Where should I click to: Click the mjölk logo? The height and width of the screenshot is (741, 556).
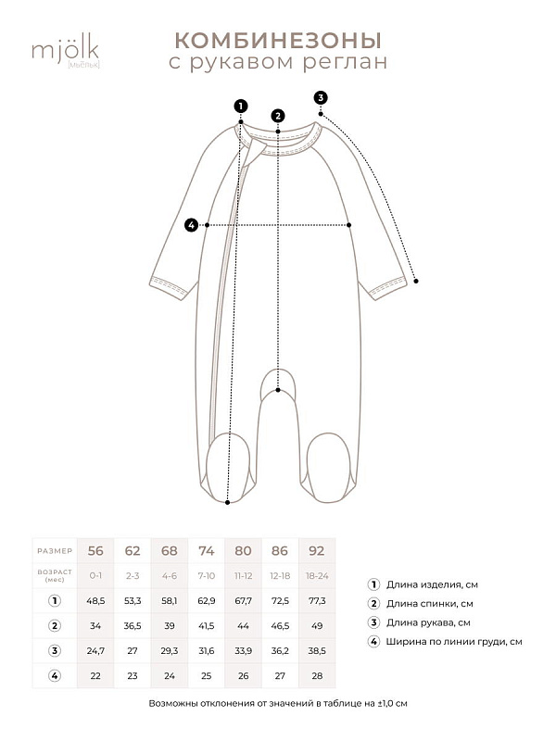(65, 50)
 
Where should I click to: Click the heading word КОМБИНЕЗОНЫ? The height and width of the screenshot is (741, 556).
(278, 40)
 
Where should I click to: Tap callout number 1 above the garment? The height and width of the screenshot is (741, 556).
(241, 106)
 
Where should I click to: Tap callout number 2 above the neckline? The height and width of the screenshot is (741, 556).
(278, 116)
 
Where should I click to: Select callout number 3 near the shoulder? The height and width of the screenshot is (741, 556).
(321, 97)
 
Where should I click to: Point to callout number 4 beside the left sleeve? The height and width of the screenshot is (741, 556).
(191, 224)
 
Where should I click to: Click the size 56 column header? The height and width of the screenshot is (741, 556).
(95, 550)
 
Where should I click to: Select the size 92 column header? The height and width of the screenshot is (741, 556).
(317, 550)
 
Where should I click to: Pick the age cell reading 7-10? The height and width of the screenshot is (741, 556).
(206, 575)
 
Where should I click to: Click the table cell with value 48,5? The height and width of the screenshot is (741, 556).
(95, 600)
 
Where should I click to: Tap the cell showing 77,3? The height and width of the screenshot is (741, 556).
(317, 600)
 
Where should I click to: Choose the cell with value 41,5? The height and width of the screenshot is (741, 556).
(206, 626)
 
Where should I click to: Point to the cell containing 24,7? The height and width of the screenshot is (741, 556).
(95, 651)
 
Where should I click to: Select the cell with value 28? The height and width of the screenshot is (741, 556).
(317, 676)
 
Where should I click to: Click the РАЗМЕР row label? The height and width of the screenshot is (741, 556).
(55, 550)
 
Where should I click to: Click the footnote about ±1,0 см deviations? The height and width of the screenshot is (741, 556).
(278, 704)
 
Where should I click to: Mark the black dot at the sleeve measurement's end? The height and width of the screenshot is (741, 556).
(417, 281)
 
